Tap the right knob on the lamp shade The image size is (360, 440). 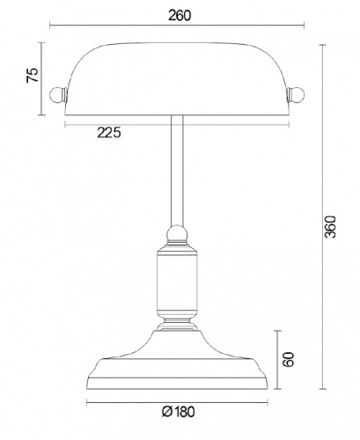point(298,92)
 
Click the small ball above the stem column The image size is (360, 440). point(177,234)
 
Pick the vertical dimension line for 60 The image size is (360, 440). point(279,358)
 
